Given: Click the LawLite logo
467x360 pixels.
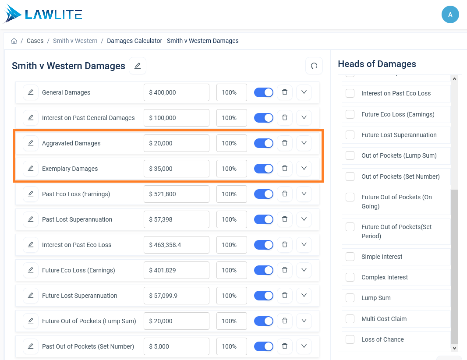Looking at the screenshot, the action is [x=42, y=14].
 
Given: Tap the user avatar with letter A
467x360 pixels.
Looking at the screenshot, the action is [x=450, y=14].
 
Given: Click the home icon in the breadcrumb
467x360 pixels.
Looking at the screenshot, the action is [x=14, y=41].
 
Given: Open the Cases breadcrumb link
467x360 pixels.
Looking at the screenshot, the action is [x=35, y=41].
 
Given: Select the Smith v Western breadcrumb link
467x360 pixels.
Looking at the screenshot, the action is [x=75, y=41].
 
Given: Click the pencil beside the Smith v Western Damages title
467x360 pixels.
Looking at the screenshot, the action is [x=138, y=66].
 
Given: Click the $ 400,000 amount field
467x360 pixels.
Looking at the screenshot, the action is [x=176, y=92].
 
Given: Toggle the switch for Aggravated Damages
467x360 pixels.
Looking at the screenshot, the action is [x=264, y=143].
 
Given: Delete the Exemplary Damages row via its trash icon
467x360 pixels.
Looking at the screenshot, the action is [x=285, y=168].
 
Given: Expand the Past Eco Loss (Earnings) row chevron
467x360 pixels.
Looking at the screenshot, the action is [x=304, y=194].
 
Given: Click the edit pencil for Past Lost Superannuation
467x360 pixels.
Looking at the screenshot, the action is [x=31, y=219].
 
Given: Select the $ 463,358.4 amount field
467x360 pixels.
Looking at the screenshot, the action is [x=176, y=245].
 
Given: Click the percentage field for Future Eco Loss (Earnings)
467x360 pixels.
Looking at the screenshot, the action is [x=232, y=270].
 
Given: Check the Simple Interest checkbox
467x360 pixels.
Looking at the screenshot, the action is [x=350, y=256].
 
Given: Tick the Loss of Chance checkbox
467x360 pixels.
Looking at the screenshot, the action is [x=350, y=339].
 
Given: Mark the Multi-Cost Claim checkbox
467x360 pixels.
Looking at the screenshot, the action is [x=350, y=318].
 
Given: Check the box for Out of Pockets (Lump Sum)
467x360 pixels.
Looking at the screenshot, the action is [x=350, y=155].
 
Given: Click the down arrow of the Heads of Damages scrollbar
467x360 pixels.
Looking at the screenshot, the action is [x=454, y=348].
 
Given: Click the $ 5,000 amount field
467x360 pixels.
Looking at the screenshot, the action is [x=176, y=346].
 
